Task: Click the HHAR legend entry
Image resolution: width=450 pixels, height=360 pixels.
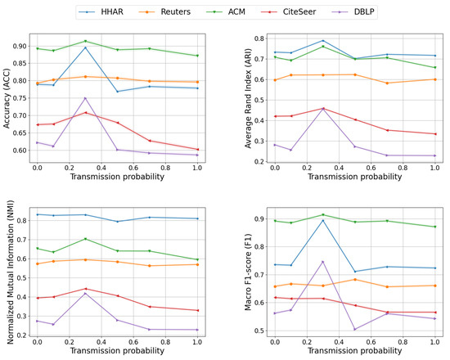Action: click(101, 11)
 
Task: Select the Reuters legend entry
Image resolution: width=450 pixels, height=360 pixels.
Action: click(164, 11)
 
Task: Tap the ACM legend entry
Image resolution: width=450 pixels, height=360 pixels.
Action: click(226, 11)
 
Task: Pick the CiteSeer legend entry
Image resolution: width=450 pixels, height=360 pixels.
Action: click(289, 11)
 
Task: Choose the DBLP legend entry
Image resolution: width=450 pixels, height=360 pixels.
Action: click(353, 11)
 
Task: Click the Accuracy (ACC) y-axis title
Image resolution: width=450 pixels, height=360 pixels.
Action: click(7, 98)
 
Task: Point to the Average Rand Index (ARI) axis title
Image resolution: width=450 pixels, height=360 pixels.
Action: click(248, 98)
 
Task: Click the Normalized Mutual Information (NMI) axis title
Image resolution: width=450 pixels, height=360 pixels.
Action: click(10, 272)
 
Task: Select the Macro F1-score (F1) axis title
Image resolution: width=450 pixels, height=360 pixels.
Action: click(248, 272)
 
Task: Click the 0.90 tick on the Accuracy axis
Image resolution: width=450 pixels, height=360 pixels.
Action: click(20, 46)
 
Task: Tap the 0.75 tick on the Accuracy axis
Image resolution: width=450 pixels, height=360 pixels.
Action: click(20, 98)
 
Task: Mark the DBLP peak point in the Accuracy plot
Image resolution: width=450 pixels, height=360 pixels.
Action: click(85, 98)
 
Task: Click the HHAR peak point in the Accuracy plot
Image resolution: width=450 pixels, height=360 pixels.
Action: click(85, 47)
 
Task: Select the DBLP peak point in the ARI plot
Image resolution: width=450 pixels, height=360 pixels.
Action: click(323, 109)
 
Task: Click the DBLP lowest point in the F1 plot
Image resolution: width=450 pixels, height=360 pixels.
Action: click(355, 329)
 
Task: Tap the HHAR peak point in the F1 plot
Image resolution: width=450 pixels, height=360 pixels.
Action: click(323, 220)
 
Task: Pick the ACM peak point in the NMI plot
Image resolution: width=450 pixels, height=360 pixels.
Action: click(85, 239)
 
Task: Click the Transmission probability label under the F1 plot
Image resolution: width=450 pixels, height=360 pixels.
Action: click(355, 350)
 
